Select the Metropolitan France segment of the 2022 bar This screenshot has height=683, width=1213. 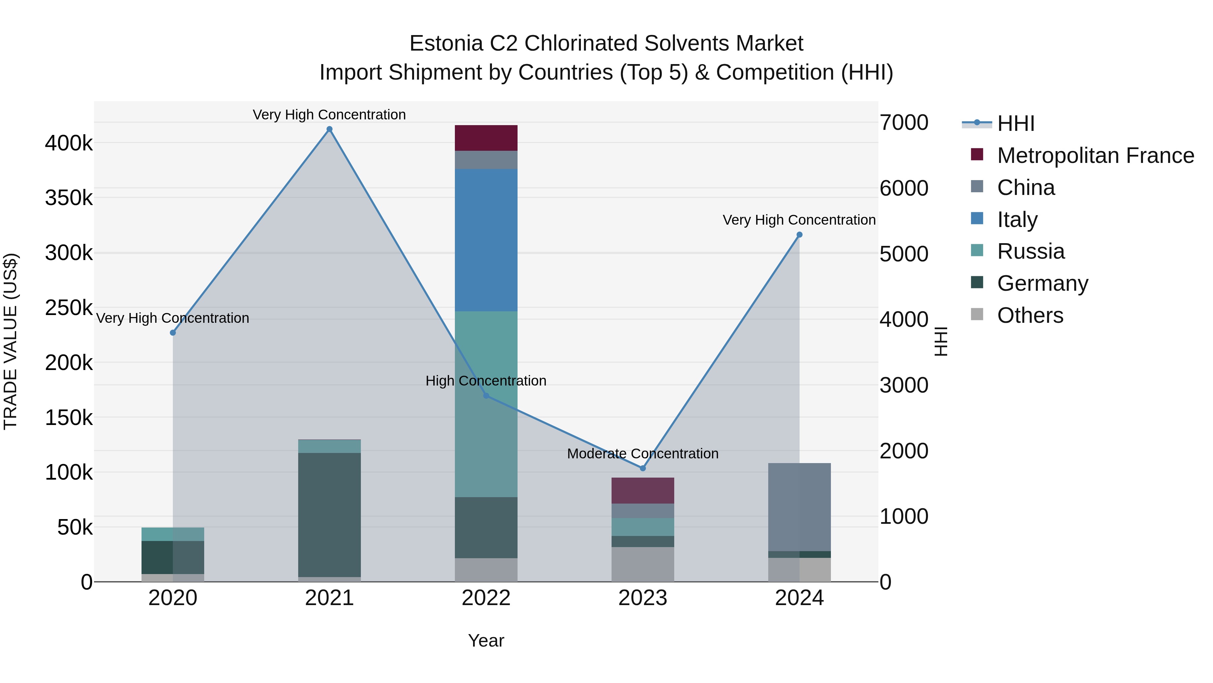(486, 138)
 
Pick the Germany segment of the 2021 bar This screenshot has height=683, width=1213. (329, 515)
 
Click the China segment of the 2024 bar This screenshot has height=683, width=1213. (799, 507)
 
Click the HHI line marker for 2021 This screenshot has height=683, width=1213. (329, 129)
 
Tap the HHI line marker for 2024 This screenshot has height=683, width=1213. (799, 235)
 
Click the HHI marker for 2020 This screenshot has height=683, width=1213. (173, 333)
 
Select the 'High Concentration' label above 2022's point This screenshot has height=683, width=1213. (486, 380)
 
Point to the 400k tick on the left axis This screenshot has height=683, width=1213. (69, 143)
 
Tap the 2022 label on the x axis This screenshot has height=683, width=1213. (486, 598)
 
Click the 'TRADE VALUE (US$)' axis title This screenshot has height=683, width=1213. (10, 341)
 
